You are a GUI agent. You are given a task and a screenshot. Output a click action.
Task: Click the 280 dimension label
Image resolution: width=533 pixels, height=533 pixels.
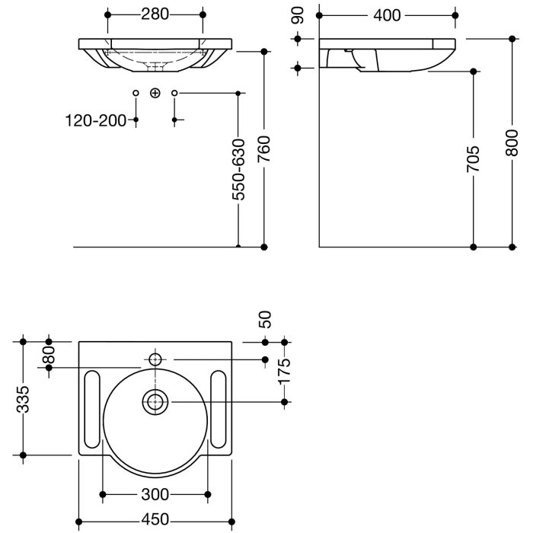click(155, 14)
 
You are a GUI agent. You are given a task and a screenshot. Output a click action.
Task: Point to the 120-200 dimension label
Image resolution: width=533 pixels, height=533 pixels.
click(96, 120)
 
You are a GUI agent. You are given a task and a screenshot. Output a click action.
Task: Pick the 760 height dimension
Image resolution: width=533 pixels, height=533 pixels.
click(263, 159)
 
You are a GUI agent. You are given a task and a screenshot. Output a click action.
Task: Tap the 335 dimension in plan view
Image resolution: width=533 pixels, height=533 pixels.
click(24, 397)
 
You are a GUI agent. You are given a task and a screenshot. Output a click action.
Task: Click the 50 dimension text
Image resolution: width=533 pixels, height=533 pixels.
click(265, 319)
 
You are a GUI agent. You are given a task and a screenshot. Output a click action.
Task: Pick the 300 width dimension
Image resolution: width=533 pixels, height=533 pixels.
click(155, 494)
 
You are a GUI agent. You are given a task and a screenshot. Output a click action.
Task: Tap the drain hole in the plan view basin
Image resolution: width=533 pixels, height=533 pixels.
click(156, 401)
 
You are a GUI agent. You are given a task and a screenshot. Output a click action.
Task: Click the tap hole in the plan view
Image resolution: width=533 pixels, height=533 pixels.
click(155, 359)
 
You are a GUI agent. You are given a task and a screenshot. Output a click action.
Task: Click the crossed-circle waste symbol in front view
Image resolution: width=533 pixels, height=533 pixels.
click(155, 93)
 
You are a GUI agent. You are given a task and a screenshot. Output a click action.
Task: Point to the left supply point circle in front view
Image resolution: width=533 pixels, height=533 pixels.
click(136, 93)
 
